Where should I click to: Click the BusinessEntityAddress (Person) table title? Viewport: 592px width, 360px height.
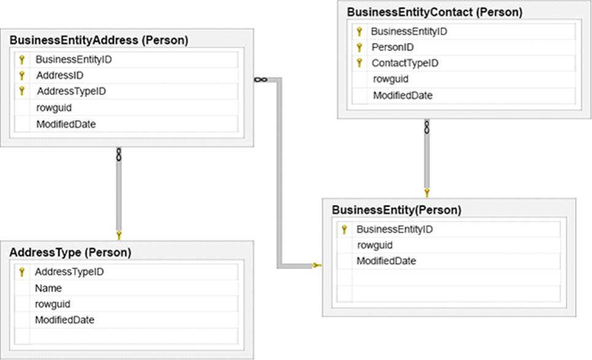coord(99,40)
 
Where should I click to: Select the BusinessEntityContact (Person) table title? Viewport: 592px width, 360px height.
coord(434,12)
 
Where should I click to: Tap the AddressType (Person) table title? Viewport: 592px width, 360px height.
coord(70,253)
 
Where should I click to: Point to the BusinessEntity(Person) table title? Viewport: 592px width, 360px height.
coord(396,210)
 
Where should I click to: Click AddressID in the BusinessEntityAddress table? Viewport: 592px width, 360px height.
coord(60,75)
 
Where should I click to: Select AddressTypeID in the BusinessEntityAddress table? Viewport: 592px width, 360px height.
coord(71,91)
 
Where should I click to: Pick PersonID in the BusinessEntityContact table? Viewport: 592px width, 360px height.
coord(393,47)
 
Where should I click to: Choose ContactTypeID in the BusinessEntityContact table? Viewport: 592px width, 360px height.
coord(405,63)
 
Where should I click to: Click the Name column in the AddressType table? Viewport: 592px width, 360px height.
coord(48,288)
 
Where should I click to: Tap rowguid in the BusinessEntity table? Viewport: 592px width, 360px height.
coord(375,246)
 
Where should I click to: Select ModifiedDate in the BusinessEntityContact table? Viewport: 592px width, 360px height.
coord(403,96)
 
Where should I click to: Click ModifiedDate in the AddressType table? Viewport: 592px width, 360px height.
coord(64,320)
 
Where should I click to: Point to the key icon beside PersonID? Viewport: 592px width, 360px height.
coord(359,47)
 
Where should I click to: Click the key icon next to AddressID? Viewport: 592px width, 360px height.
coord(22,75)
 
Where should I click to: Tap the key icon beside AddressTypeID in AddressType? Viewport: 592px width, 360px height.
coord(22,272)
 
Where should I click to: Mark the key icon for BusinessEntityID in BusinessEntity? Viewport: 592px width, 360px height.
coord(344,229)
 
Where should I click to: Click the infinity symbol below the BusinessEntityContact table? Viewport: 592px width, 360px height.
coord(426,127)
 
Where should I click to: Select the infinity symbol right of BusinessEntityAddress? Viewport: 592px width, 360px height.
coord(261,80)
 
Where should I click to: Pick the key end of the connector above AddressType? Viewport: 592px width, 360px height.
coord(119,236)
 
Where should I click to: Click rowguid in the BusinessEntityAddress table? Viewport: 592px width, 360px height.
coord(54,109)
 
